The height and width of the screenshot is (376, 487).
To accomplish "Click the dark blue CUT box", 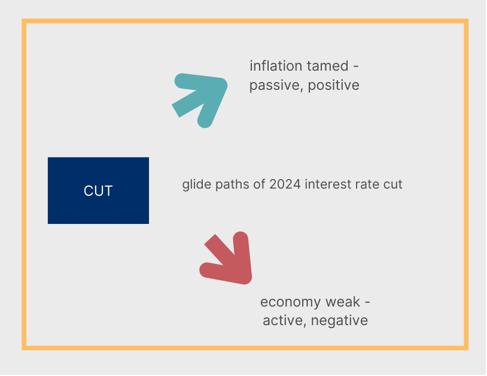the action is click(x=98, y=190).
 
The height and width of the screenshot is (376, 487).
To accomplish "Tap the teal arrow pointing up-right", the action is click(x=201, y=99).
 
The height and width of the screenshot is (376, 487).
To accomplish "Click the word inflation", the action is click(x=276, y=66).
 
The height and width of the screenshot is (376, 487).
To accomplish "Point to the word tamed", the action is click(x=328, y=66).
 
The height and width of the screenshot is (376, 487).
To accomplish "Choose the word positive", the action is click(x=334, y=86).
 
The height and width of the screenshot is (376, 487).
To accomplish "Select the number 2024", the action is click(x=285, y=184).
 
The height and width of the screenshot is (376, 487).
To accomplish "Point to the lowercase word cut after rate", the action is click(x=393, y=184).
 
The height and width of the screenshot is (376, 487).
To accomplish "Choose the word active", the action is click(x=282, y=321).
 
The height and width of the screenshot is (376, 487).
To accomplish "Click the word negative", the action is click(x=339, y=321).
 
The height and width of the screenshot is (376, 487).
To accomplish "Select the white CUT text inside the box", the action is click(x=98, y=191).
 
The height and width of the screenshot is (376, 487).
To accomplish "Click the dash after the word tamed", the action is click(x=356, y=66).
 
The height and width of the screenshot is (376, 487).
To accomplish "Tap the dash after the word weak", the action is click(x=367, y=302).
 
